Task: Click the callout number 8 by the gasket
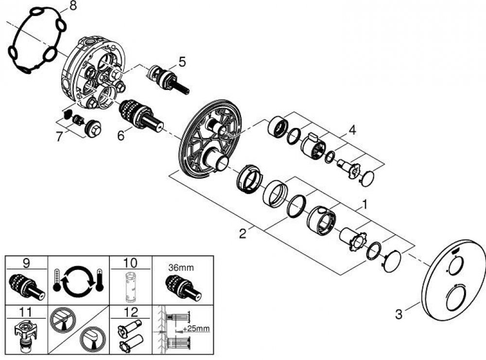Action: pos(72,6)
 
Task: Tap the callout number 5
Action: pos(182,62)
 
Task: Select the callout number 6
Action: pos(121,135)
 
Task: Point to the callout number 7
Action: pos(59,136)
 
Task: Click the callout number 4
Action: pos(352,130)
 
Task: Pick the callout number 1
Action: pos(365,205)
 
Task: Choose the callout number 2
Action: pos(243,234)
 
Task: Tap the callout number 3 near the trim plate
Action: pos(399,314)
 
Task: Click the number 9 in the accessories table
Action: pos(26,263)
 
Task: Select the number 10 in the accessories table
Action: pos(130,263)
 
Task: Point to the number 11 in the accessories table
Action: pos(25,312)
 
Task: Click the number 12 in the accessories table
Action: pos(130,312)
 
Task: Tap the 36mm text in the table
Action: pos(181,267)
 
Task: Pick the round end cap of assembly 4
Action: pos(367,179)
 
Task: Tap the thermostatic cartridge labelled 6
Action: pos(141,115)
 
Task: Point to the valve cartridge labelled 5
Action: pos(168,79)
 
